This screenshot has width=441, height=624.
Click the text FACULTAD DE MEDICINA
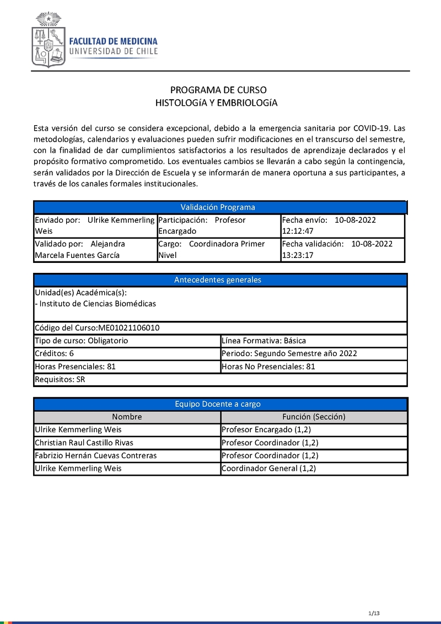click(x=113, y=41)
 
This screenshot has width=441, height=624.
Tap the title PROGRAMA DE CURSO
click(x=218, y=90)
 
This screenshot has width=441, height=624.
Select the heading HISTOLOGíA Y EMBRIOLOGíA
click(x=216, y=103)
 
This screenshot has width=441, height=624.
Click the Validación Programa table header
click(x=218, y=207)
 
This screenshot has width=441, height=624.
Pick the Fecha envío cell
click(x=342, y=225)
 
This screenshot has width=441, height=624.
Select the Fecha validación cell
click(x=342, y=249)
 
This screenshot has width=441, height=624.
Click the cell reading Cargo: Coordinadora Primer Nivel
click(x=218, y=249)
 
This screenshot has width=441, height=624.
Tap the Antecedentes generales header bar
click(x=218, y=280)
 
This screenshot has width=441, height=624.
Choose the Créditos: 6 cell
click(x=127, y=353)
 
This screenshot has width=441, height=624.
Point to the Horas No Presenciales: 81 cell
click(x=313, y=367)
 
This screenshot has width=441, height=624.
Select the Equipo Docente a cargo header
click(x=218, y=404)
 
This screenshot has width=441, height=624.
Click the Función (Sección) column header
click(x=314, y=417)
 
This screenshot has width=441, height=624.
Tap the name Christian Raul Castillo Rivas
click(x=84, y=443)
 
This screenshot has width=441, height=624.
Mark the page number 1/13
click(x=374, y=614)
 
